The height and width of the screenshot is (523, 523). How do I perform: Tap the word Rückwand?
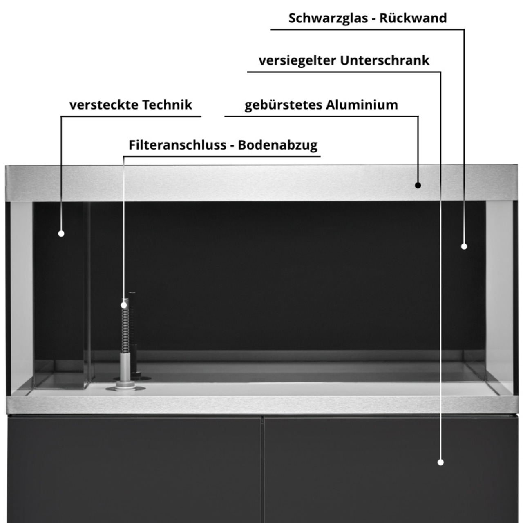click(413, 18)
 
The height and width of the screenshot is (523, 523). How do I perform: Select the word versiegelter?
click(297, 61)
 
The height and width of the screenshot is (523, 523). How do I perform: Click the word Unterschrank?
click(384, 60)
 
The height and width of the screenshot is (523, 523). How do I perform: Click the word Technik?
click(167, 105)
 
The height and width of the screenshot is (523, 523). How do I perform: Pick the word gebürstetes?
click(283, 105)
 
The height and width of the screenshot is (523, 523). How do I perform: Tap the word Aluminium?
click(362, 105)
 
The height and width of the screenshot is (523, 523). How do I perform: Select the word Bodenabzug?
click(278, 145)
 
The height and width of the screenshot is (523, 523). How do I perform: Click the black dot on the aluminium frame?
click(418, 186)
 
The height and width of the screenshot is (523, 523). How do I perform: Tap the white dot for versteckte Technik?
click(61, 233)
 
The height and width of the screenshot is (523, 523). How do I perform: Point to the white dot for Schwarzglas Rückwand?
click(464, 246)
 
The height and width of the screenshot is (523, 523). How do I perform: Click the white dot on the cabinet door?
click(440, 462)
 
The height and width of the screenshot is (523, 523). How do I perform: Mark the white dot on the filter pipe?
click(124, 305)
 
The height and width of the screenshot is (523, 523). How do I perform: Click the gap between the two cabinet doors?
click(262, 469)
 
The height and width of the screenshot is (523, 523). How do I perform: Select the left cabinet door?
click(134, 469)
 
